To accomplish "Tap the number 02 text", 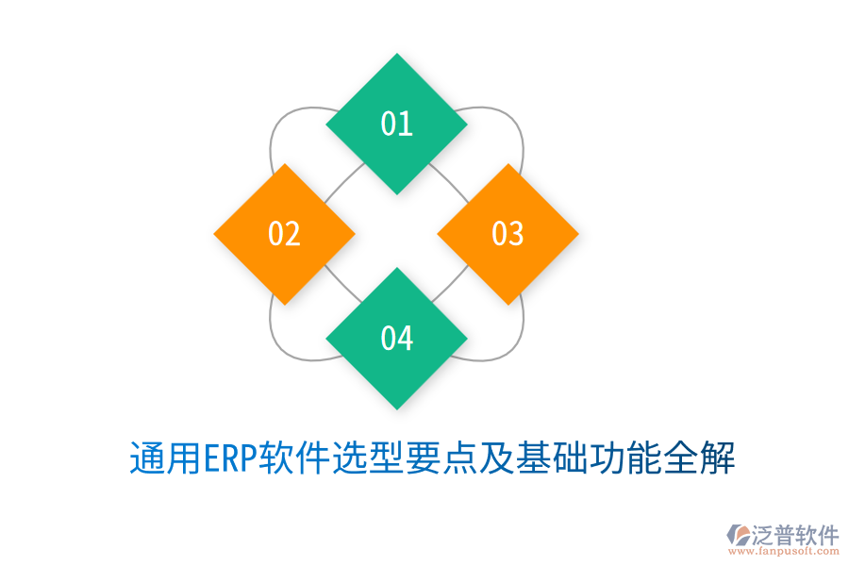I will click(284, 234).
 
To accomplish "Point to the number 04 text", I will click(396, 338).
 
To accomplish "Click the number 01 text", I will click(396, 124).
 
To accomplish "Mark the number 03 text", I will click(508, 233).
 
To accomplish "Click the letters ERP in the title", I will click(229, 460).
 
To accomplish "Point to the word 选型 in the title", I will click(364, 460).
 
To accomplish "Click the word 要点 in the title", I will click(432, 460).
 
